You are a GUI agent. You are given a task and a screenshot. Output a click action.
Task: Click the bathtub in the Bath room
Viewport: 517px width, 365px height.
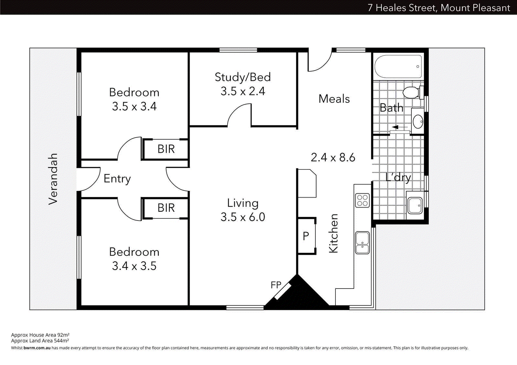tap(398, 67)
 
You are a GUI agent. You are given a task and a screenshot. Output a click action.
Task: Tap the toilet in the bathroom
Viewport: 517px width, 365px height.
tap(412, 93)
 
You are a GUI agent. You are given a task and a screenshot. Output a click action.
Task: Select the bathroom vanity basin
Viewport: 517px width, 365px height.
tap(418, 122)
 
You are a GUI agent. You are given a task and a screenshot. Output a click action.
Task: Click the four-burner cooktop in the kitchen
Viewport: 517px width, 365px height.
tap(362, 200)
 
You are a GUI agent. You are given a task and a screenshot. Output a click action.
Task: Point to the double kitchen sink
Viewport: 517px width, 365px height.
tap(362, 243)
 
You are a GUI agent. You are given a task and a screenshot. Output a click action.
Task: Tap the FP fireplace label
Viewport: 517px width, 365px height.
tap(276, 285)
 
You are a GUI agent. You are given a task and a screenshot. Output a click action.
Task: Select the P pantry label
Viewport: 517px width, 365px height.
tap(306, 236)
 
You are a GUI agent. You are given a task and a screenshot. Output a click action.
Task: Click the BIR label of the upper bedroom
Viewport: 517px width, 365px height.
tap(166, 149)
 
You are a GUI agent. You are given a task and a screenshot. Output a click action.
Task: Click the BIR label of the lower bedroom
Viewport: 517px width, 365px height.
tap(166, 208)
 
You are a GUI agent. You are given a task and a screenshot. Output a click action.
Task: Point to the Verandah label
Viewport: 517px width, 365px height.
tap(53, 179)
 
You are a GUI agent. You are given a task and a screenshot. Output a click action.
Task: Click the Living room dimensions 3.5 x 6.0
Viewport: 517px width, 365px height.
tap(243, 217)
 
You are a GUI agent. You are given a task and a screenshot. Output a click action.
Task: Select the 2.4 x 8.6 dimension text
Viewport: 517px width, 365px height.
tap(333, 157)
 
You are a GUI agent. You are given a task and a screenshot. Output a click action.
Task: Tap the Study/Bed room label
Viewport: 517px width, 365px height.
tap(243, 77)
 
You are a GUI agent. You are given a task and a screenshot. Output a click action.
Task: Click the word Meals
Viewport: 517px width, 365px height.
tap(334, 99)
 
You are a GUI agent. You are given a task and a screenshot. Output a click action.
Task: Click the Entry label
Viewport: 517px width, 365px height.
tap(117, 178)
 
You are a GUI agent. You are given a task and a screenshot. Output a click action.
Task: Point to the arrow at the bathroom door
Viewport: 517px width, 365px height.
tap(400, 127)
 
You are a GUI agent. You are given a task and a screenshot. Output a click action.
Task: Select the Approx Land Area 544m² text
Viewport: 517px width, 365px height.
tap(40, 340)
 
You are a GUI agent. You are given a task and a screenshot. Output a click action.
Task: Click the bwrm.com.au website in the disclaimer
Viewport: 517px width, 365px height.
tap(37, 348)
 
